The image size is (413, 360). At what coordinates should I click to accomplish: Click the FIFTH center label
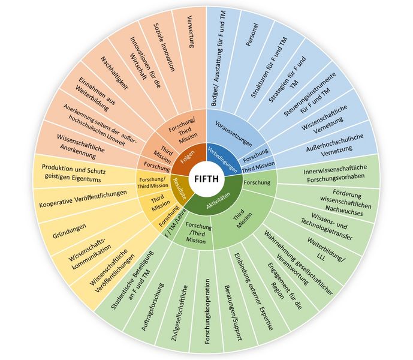(206, 179)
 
